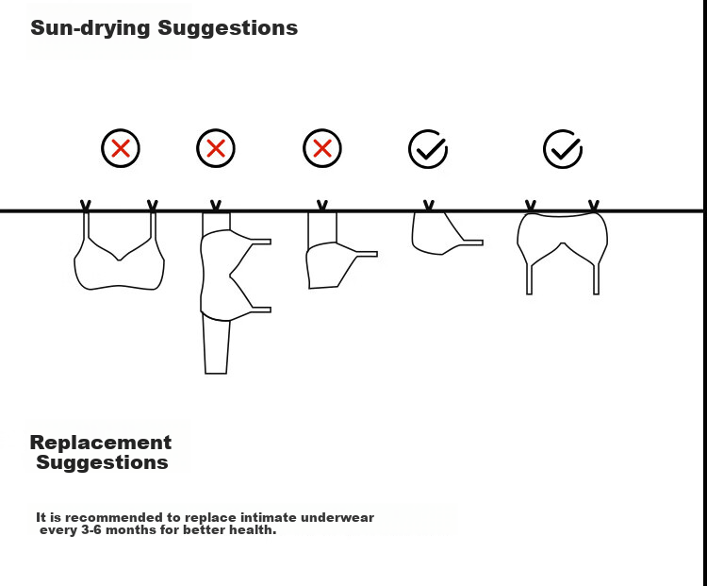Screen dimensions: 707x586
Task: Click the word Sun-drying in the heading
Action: point(90,28)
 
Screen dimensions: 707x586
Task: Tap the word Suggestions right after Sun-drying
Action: point(228,28)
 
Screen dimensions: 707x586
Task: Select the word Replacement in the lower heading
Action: point(101,443)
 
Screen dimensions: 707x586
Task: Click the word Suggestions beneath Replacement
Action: point(103,462)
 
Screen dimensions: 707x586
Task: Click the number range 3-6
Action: point(91,529)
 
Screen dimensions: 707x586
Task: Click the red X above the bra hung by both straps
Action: point(121,148)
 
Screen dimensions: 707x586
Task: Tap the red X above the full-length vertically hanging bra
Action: point(216,148)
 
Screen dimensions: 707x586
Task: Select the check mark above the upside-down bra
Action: point(563,149)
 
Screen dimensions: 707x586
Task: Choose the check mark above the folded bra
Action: point(428,149)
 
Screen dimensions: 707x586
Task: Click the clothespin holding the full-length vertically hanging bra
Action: point(216,206)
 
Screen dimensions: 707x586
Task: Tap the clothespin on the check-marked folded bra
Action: point(429,206)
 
